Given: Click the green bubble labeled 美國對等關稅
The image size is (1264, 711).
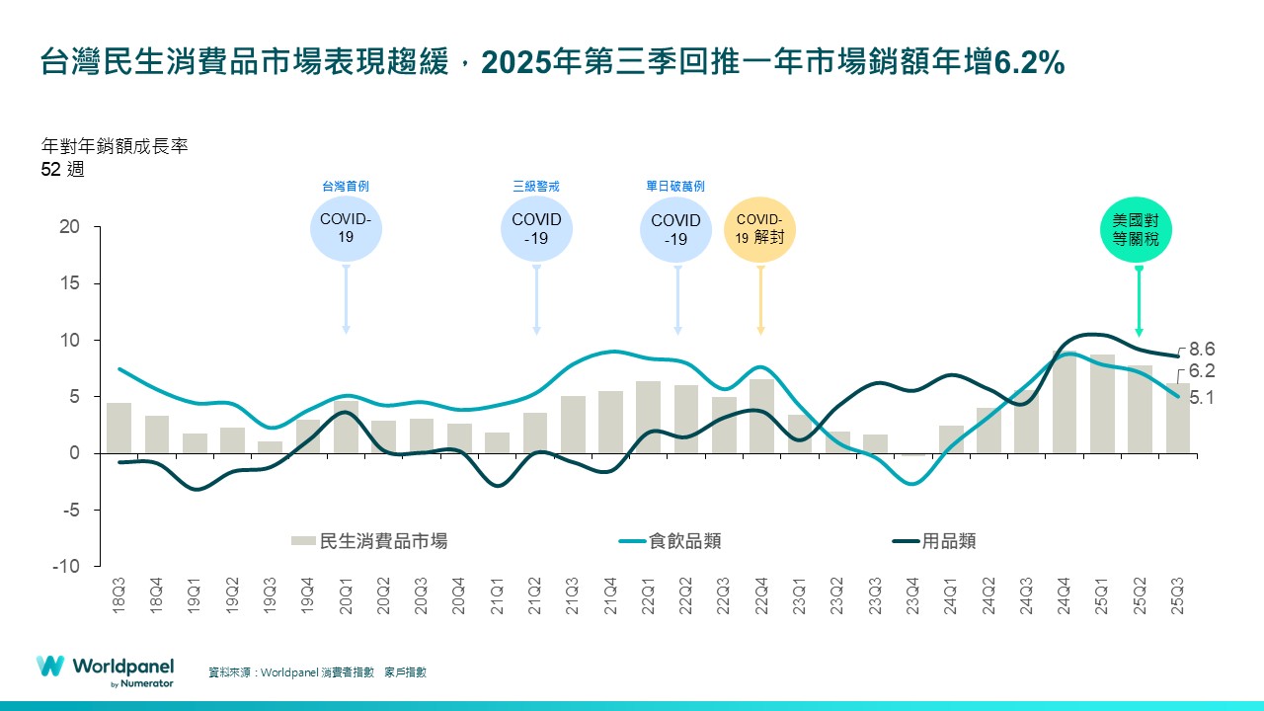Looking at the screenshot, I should tap(1139, 230).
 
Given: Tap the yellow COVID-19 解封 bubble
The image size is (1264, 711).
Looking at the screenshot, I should tap(759, 229).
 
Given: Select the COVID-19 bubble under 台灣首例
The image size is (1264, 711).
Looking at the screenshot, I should tap(345, 229).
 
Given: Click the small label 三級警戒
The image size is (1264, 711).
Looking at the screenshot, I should tap(536, 186).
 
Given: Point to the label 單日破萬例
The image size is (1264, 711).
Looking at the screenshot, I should tap(675, 186).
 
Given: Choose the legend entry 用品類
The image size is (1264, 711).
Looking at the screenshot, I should tap(948, 541).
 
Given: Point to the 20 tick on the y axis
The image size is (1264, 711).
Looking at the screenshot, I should tap(68, 226).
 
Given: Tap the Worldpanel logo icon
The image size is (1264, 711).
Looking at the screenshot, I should tap(50, 667).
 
